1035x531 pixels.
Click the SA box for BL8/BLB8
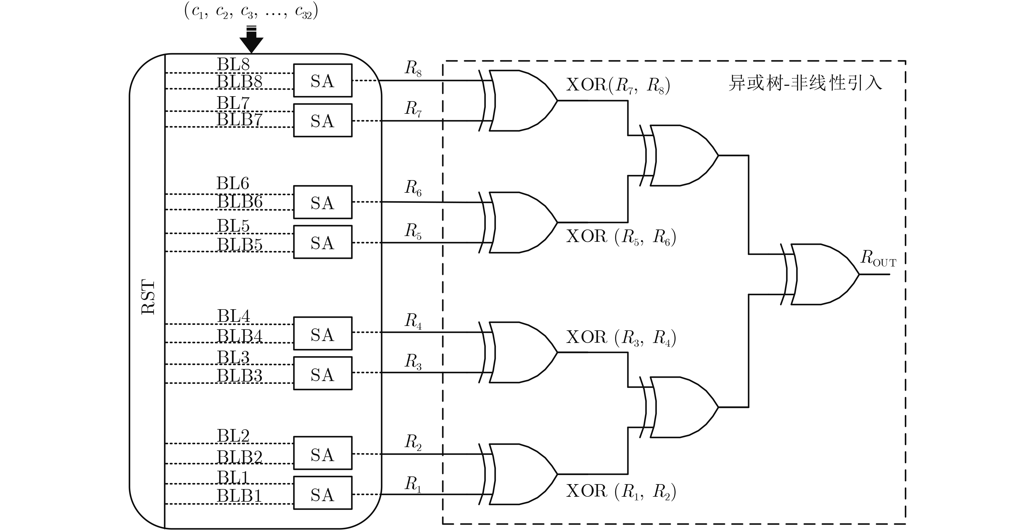tap(323, 80)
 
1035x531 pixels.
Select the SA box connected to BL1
tap(323, 494)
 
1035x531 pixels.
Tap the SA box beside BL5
tap(323, 242)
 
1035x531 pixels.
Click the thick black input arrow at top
tap(252, 40)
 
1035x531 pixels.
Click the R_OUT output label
tap(878, 258)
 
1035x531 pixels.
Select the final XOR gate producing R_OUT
tap(824, 274)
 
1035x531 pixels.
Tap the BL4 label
tap(234, 316)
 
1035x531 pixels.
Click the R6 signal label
tap(413, 188)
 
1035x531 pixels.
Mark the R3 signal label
tap(413, 361)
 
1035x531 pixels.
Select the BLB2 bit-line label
tap(240, 457)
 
